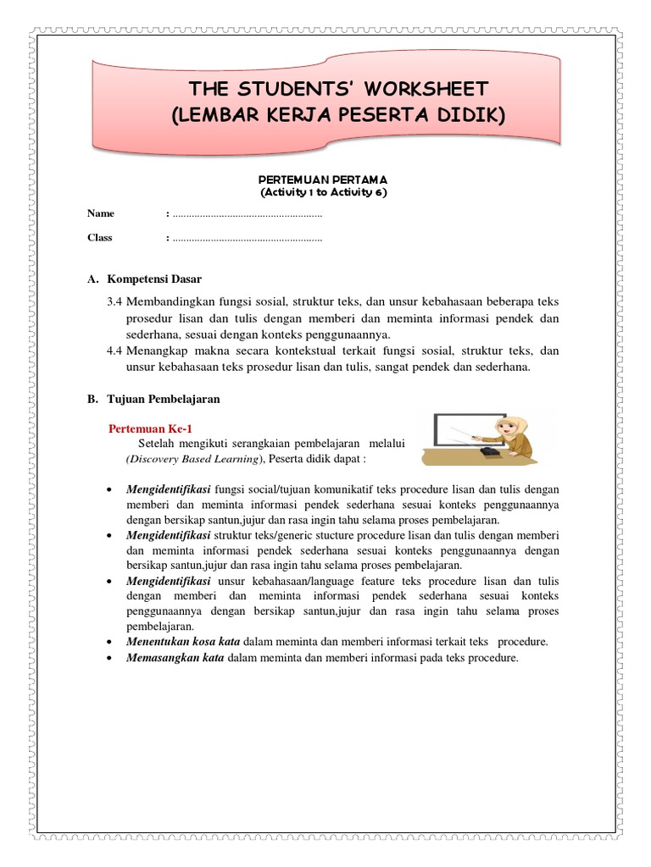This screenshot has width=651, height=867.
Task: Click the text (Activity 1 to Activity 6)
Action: click(x=325, y=192)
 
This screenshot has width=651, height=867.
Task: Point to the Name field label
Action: click(x=101, y=213)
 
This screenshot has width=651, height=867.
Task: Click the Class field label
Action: click(x=100, y=238)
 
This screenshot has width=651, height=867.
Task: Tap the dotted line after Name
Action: click(x=247, y=215)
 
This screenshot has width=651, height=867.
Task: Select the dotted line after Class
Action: click(x=247, y=240)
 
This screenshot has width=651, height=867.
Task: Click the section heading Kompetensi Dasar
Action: click(x=155, y=279)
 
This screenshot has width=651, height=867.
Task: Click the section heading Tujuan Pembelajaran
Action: click(x=164, y=397)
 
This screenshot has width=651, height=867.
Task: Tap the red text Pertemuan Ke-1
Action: click(x=157, y=429)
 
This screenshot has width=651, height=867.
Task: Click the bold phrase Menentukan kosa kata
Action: click(x=175, y=641)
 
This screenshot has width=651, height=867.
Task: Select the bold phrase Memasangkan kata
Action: click(x=169, y=658)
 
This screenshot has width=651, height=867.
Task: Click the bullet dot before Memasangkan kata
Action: click(x=113, y=659)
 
